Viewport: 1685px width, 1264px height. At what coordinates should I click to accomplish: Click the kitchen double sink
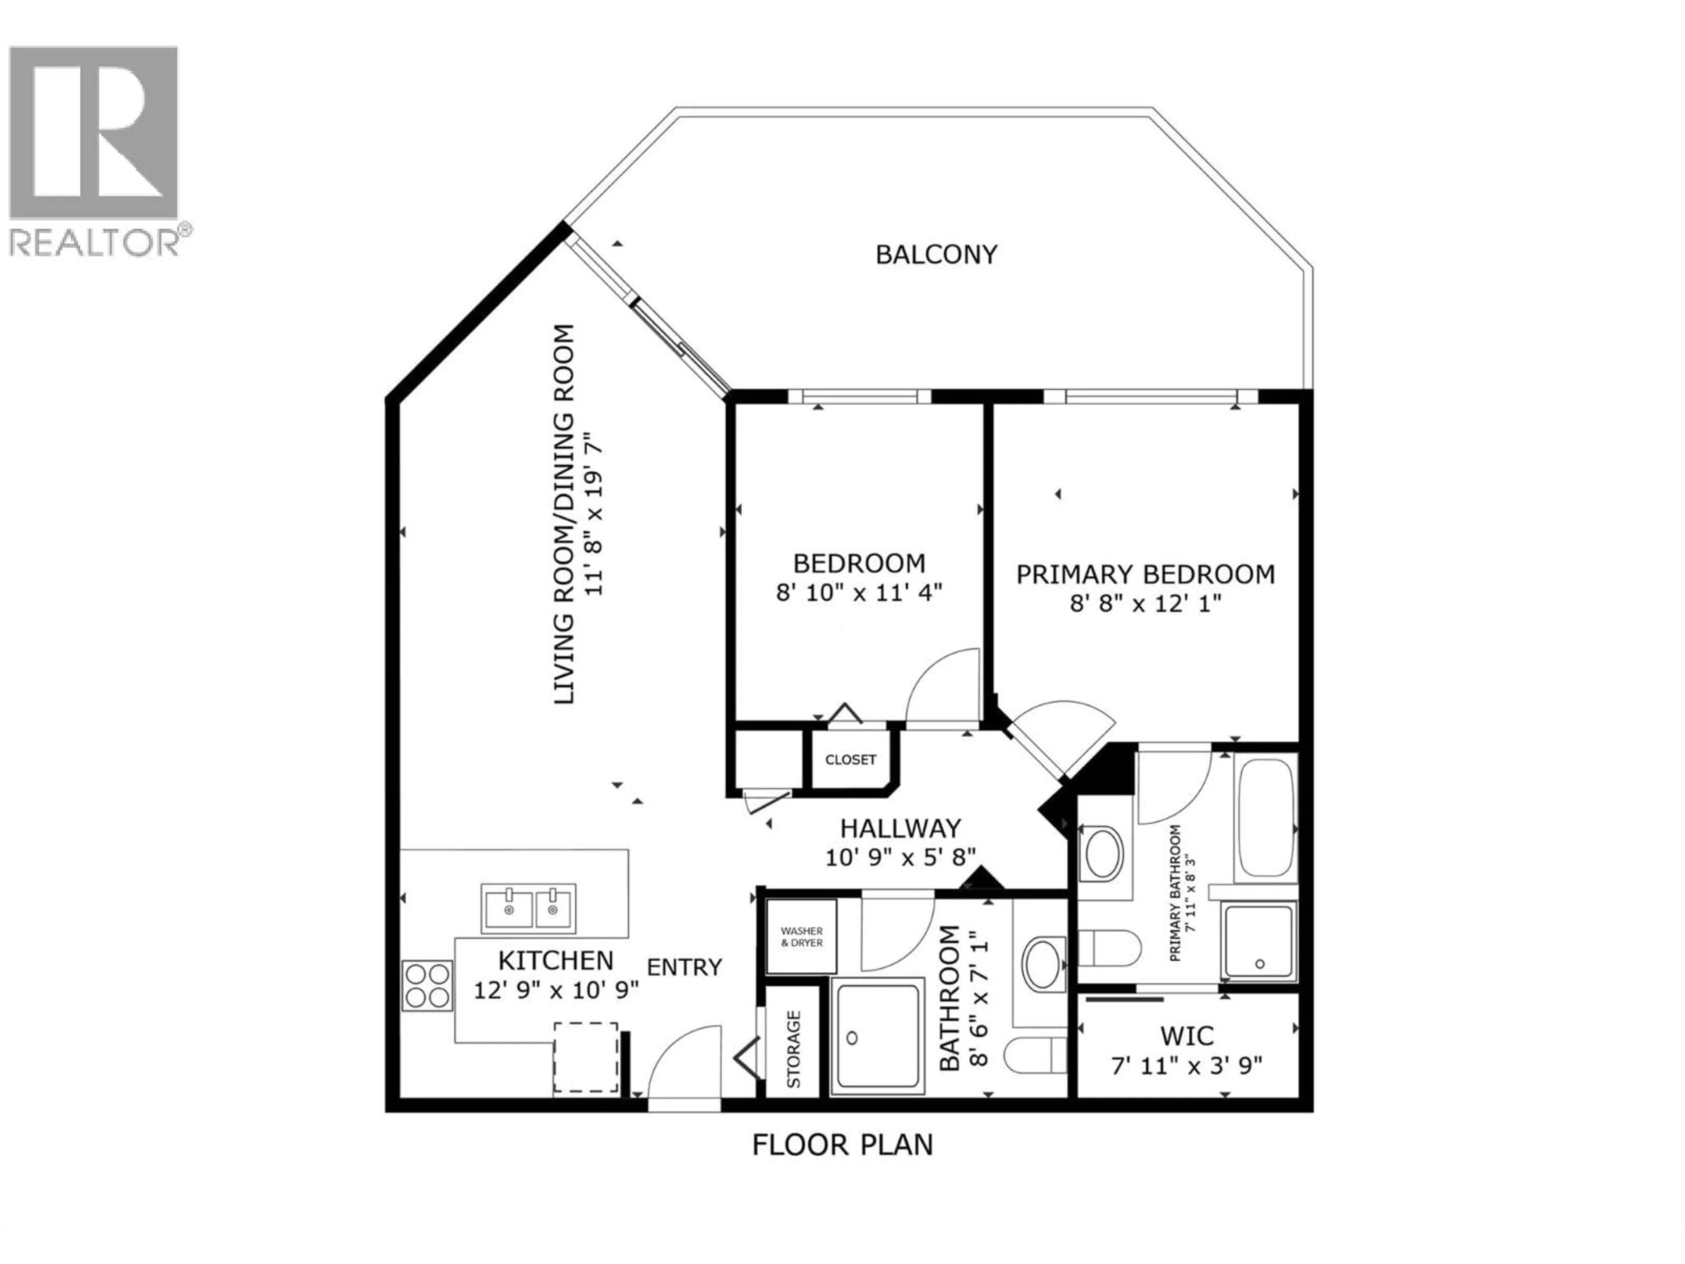[x=528, y=908]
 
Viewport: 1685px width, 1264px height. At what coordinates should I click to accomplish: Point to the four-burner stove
[x=427, y=986]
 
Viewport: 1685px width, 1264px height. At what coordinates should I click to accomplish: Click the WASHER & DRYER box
[x=801, y=937]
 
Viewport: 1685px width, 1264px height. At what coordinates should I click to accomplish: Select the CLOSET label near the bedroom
[x=850, y=760]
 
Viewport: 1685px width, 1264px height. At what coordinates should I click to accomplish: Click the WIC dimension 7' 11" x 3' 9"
[x=1187, y=1065]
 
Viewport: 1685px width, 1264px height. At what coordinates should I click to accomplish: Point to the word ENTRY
[x=684, y=968]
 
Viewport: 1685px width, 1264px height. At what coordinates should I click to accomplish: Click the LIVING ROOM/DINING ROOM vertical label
[x=564, y=514]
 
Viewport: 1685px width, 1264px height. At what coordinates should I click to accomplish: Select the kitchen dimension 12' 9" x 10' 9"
[x=556, y=991]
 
